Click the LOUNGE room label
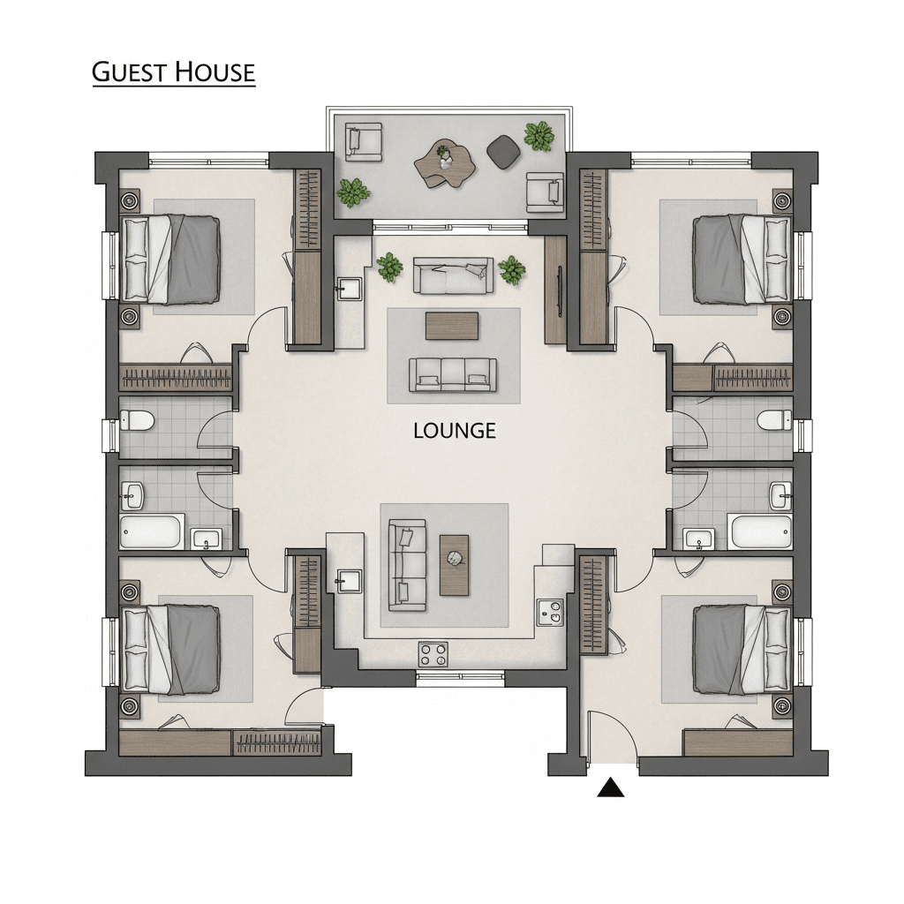coord(455,431)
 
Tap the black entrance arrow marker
coord(611,787)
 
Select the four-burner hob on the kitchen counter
coord(433,655)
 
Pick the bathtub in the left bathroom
coord(152,531)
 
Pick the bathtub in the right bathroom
coord(760,532)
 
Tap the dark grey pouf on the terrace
coord(504,152)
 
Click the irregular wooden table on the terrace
coord(445,163)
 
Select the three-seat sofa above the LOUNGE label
coord(453,374)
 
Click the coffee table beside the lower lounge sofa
coord(455,565)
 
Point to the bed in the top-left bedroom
coord(170,259)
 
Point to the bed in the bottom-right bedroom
coord(742,649)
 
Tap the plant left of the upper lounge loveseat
coord(390,267)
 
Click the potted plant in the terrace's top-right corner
coord(539,135)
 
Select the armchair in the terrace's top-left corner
coord(364,142)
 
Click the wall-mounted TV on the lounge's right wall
coord(560,291)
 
